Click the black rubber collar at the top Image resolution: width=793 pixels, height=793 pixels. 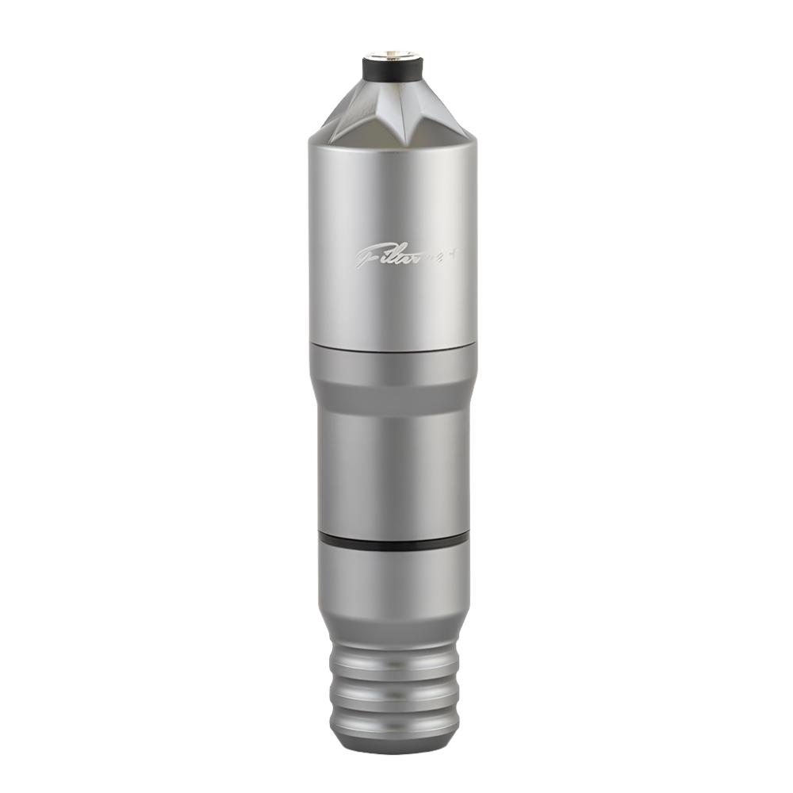pyautogui.click(x=393, y=71)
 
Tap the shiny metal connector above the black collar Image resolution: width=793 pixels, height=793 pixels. pyautogui.click(x=393, y=55)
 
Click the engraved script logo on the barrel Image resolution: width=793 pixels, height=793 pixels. pyautogui.click(x=393, y=255)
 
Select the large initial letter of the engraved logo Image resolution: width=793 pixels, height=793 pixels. pyautogui.click(x=366, y=256)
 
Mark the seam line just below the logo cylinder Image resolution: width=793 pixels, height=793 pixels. pyautogui.click(x=393, y=347)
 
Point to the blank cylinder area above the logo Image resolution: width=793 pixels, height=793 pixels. pyautogui.click(x=393, y=190)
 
